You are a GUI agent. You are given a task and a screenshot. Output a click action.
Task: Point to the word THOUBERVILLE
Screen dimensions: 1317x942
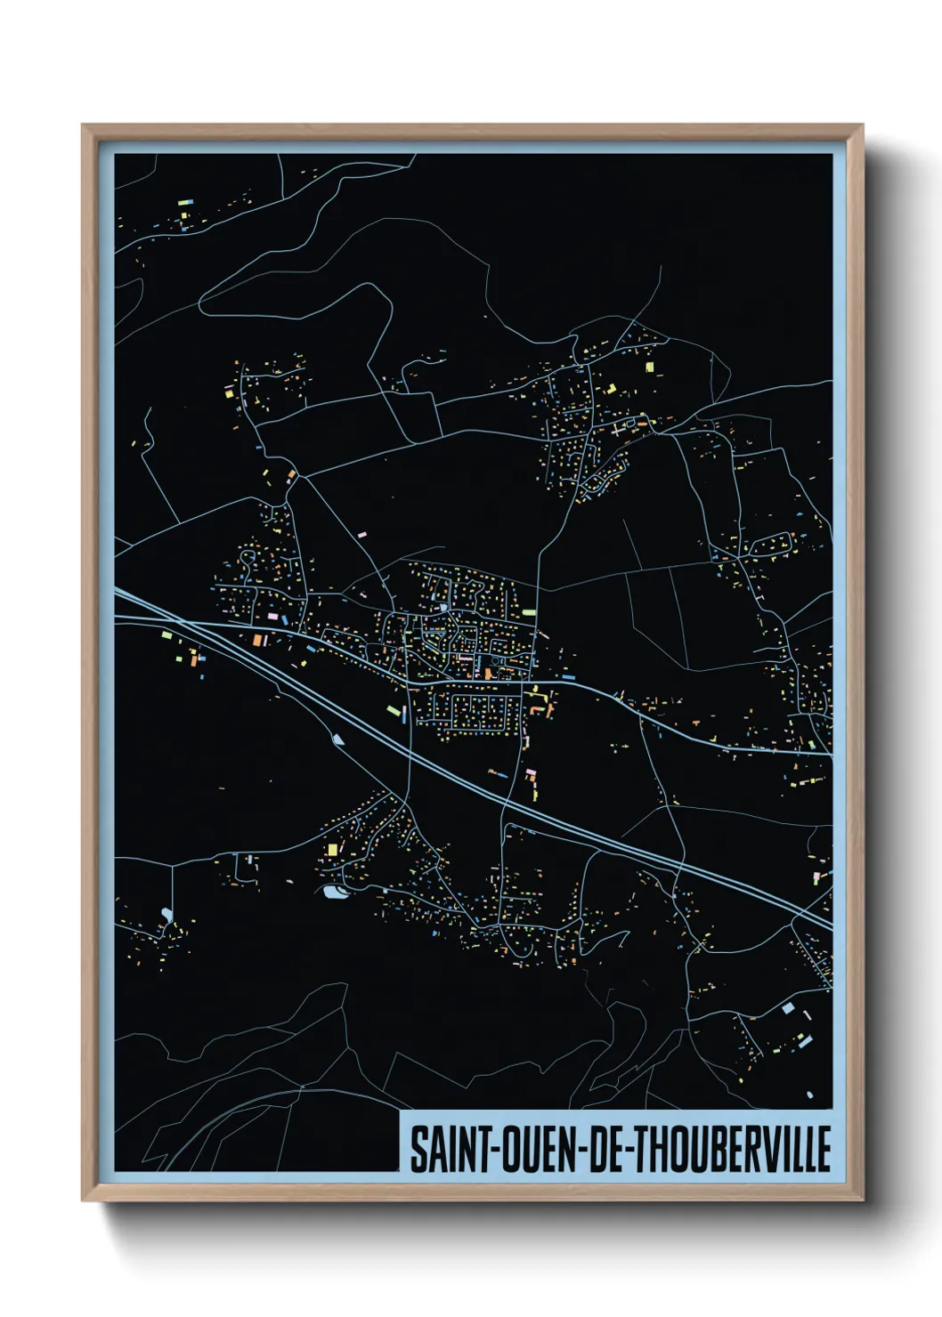pos(731,1150)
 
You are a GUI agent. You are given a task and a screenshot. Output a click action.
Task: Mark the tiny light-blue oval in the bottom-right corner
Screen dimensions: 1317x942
pos(810,1095)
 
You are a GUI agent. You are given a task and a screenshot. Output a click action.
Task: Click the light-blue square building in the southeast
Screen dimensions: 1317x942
pos(787,1008)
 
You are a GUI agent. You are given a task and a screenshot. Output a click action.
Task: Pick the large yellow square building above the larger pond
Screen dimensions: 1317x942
pos(333,849)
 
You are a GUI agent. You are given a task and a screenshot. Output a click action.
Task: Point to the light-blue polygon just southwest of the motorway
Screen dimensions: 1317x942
pos(337,738)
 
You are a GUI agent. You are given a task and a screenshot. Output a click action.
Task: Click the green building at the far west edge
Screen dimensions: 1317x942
pos(166,635)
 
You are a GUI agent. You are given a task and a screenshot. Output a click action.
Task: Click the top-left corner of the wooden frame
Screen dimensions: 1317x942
pos(83,126)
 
